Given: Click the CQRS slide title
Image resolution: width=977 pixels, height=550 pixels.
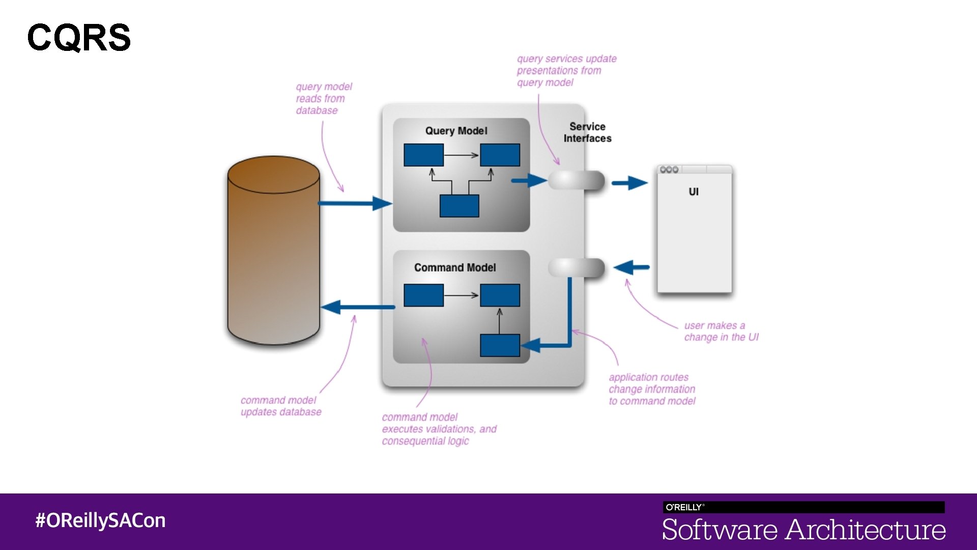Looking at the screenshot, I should click(79, 37).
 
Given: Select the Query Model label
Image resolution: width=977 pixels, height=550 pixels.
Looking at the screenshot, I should click(456, 131).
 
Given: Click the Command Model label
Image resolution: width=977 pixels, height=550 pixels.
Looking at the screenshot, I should click(454, 267).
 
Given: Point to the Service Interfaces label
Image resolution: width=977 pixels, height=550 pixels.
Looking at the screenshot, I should click(587, 132).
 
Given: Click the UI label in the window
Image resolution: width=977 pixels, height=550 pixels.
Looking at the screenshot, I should click(694, 191).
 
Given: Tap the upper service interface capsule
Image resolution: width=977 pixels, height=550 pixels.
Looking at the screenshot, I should click(576, 180).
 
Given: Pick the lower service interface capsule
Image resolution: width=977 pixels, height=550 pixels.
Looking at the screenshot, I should click(576, 267).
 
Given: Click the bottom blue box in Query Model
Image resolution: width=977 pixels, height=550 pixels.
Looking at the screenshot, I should click(459, 206).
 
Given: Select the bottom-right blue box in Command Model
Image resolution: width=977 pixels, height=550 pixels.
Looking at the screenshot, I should click(500, 345).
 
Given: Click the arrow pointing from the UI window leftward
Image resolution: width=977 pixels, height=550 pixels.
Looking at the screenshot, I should click(631, 267).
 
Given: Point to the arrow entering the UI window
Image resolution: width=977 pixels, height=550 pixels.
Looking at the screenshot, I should click(629, 182).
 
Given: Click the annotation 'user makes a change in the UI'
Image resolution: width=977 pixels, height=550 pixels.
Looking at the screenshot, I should click(721, 331).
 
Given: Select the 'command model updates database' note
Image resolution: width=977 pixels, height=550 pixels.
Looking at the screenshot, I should click(281, 406).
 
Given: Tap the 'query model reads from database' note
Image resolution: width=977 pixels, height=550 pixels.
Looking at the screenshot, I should click(324, 98).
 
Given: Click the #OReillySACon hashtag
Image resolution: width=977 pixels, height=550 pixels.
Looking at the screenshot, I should click(100, 520).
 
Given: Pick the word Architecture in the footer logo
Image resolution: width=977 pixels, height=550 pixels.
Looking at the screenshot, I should click(866, 530).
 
